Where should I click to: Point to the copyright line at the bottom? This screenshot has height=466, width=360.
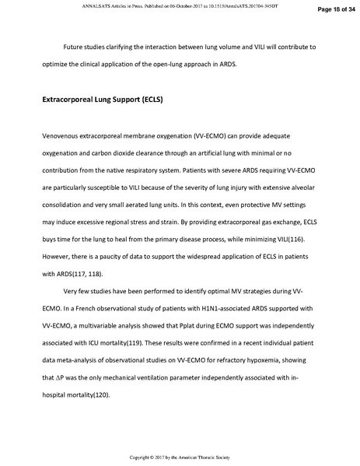[180, 457]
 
